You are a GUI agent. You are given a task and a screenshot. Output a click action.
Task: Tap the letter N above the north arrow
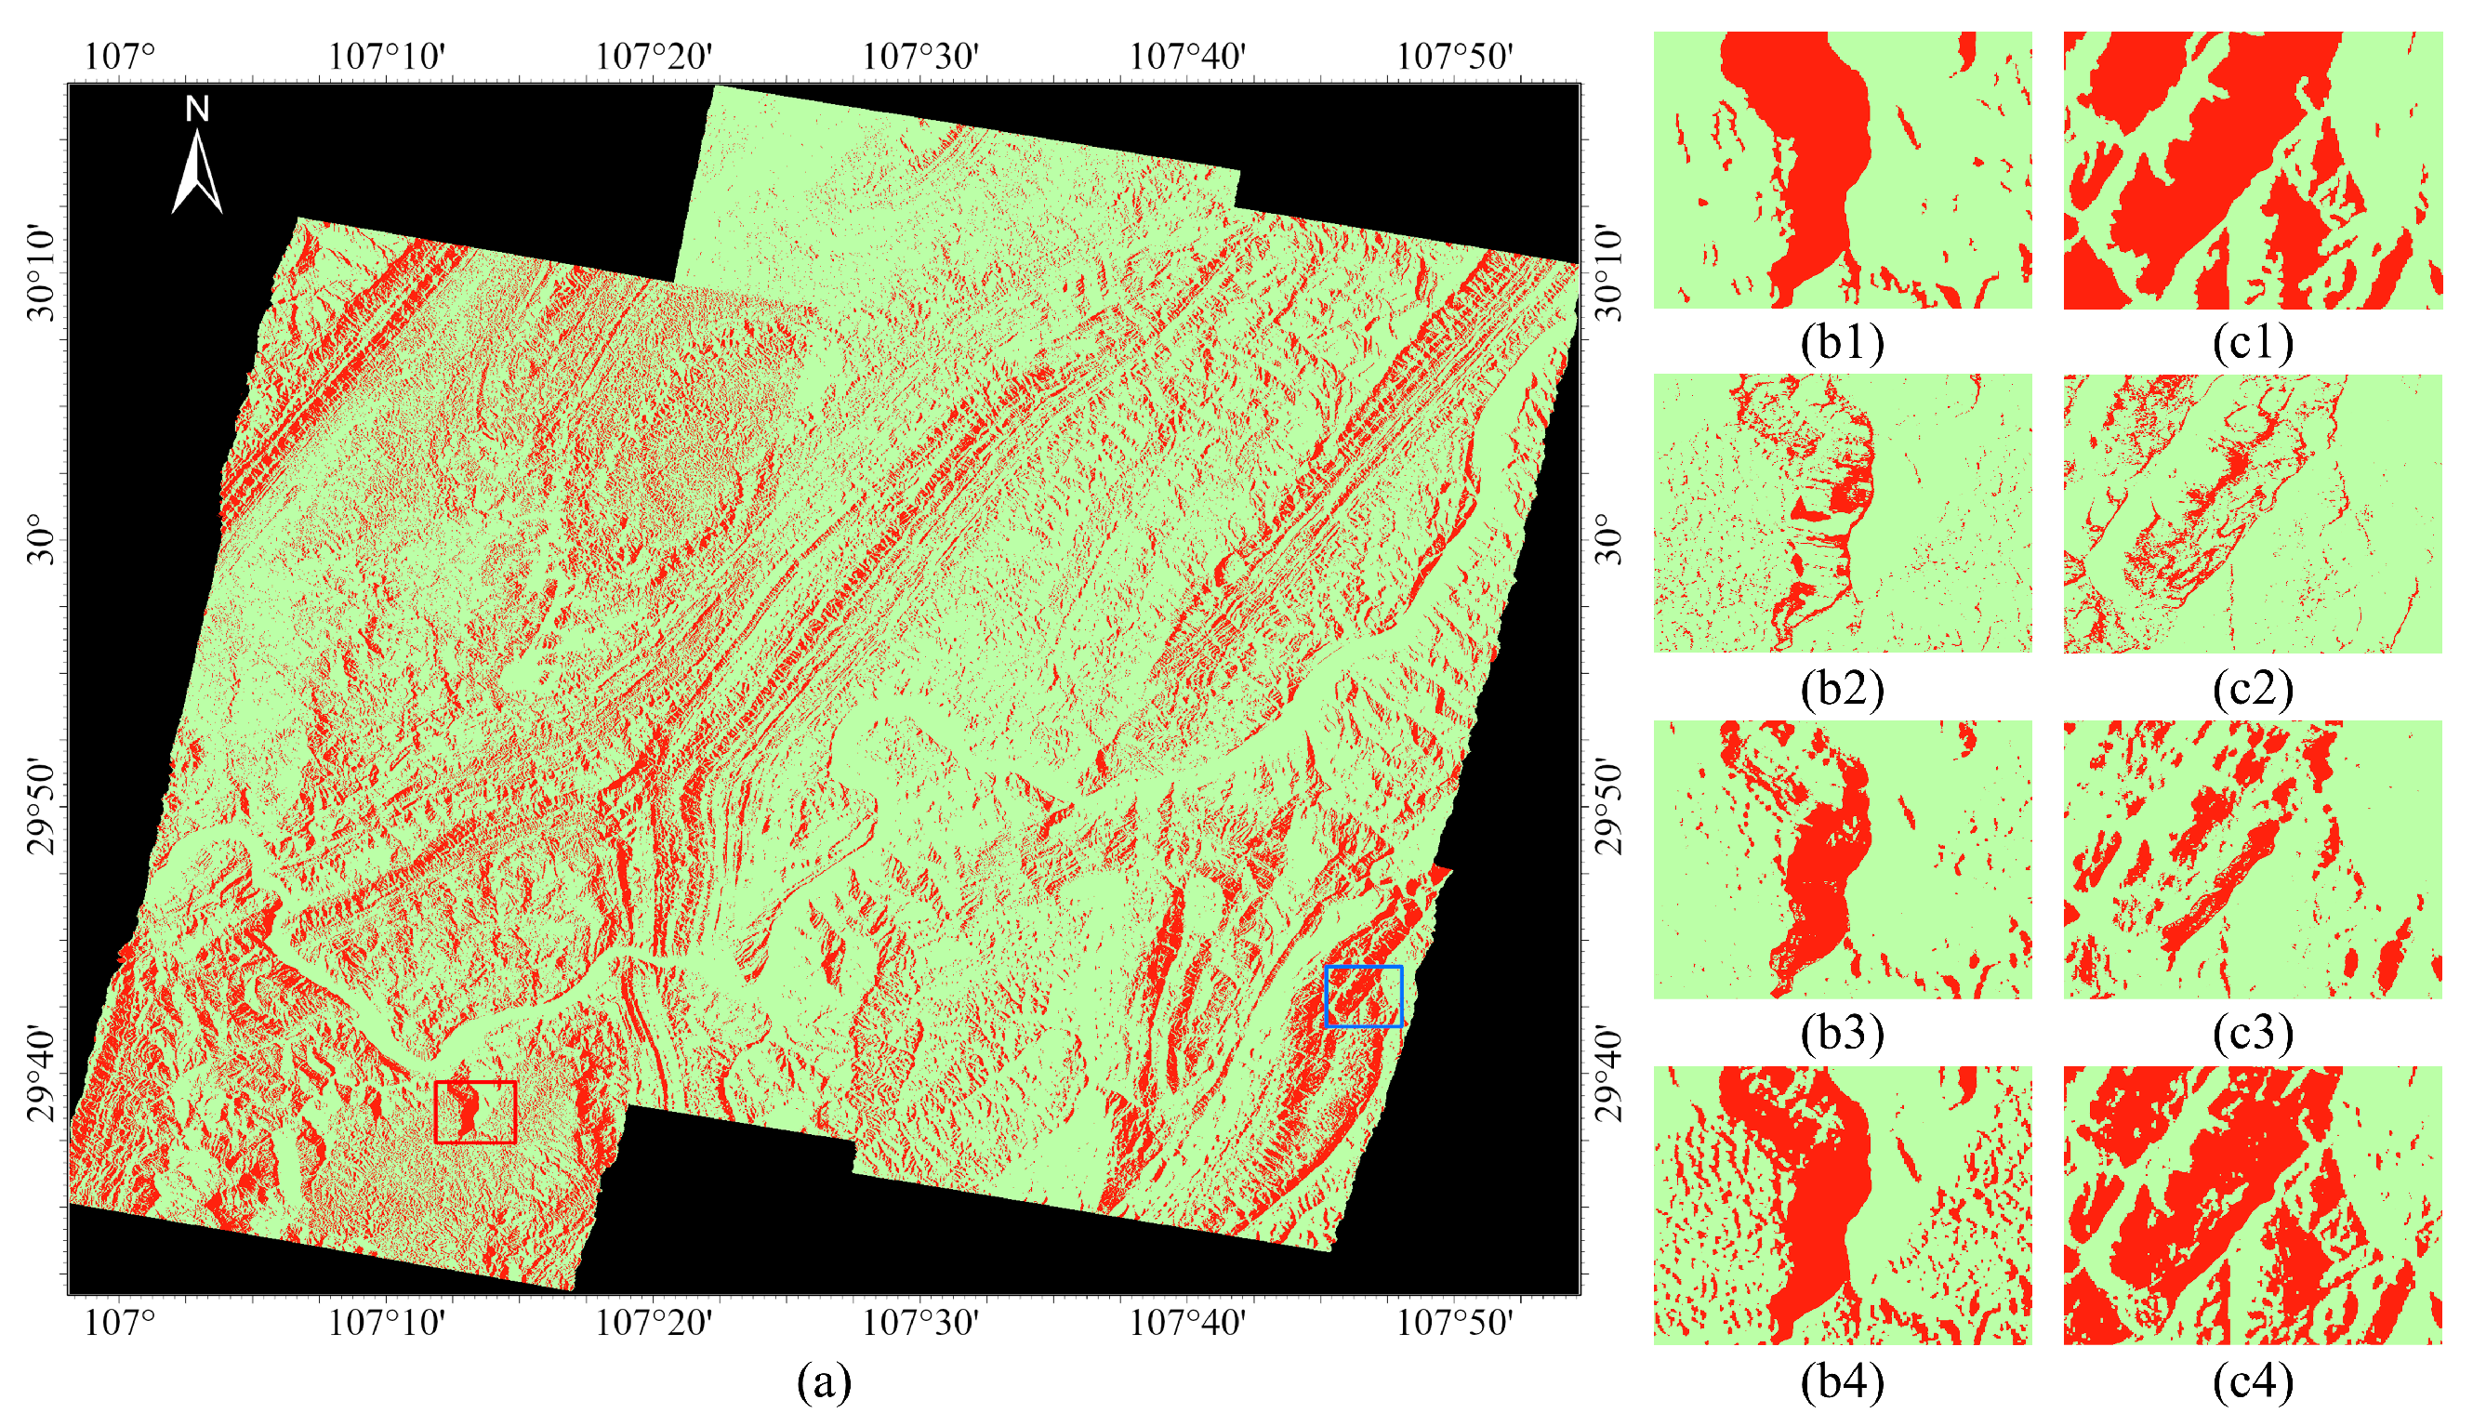coord(197,110)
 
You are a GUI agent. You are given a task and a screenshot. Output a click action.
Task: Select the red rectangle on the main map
coord(475,1112)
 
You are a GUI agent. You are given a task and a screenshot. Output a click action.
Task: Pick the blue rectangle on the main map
coord(1363,996)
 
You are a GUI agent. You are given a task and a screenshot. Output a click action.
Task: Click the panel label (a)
coord(824,1382)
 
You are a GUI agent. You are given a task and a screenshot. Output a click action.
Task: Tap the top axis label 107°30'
coord(919,57)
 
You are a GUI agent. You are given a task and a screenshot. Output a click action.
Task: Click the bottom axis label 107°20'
coord(654,1323)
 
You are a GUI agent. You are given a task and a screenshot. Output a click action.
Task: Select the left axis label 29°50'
coord(43,805)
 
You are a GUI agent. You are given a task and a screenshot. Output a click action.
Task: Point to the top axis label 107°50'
coord(1454,57)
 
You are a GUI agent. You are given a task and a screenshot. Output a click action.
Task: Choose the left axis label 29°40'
coord(43,1074)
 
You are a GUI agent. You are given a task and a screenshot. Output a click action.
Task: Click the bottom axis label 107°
coord(120,1323)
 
